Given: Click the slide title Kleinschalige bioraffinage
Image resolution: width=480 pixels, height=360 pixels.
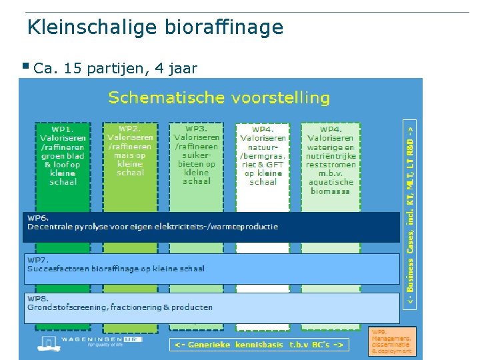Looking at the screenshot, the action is coord(155,27).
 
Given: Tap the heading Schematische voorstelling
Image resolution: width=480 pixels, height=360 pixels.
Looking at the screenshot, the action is coord(219,98).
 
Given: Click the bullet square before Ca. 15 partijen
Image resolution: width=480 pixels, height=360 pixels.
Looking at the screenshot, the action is coord(25,66).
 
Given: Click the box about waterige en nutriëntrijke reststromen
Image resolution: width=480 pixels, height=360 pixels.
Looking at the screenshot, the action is coord(330,160).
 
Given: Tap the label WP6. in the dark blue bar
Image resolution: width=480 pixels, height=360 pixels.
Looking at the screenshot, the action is coord(38,217).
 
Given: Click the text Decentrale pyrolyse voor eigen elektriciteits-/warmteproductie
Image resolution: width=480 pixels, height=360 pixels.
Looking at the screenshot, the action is coord(153,227).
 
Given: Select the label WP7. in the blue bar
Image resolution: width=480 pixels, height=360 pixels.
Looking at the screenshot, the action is coord(38,259).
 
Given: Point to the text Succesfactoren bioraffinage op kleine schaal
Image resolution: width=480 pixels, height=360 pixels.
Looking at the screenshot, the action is coord(116,269).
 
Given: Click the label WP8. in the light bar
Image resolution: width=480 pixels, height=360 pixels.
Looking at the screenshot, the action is coord(38,298).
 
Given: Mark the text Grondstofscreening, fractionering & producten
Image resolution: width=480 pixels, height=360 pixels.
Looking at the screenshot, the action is coord(120,307).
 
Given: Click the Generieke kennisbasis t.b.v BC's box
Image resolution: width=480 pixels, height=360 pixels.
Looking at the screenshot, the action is coord(259,345).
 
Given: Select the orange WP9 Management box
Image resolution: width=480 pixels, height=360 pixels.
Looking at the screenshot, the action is coord(393,341).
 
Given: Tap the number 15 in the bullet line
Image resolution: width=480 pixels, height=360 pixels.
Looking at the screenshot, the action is coord(72,67).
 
